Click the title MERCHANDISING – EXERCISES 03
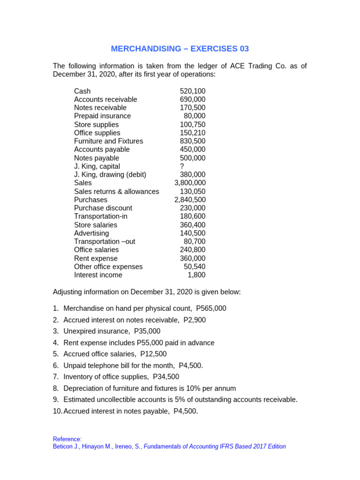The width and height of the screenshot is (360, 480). tap(180, 49)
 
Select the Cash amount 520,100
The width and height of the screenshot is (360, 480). tap(192, 91)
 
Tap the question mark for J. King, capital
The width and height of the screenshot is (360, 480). tap(182, 166)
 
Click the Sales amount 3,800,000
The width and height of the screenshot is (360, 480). tap(190, 183)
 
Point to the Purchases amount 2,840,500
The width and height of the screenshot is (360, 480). tap(190, 200)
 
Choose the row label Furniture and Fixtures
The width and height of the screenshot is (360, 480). tap(108, 141)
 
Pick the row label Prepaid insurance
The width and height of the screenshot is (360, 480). tap(102, 116)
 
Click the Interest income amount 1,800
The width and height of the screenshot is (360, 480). tap(196, 275)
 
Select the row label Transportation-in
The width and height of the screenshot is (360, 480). tap(100, 216)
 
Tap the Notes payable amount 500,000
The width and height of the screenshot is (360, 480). tap(192, 158)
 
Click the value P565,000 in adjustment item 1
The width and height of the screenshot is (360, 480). tap(211, 308)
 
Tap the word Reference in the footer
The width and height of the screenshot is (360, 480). tap(67, 439)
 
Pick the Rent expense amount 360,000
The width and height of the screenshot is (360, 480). tap(192, 258)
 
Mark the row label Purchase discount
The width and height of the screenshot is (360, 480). tap(103, 208)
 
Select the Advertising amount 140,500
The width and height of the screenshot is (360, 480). tap(192, 233)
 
